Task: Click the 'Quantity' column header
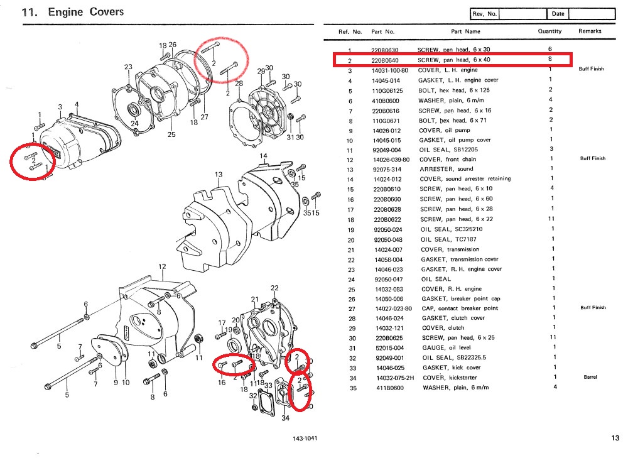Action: (549, 31)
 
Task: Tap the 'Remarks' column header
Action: (590, 31)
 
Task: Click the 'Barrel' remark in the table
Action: (589, 378)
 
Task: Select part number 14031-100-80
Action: (389, 70)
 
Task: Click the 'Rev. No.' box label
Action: (485, 14)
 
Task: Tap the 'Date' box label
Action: (558, 14)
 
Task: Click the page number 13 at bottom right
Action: (614, 438)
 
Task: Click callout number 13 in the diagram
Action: (219, 175)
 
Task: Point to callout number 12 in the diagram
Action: (162, 267)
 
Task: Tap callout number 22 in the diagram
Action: (274, 288)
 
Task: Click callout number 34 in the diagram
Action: (285, 418)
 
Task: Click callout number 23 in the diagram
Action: (128, 67)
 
